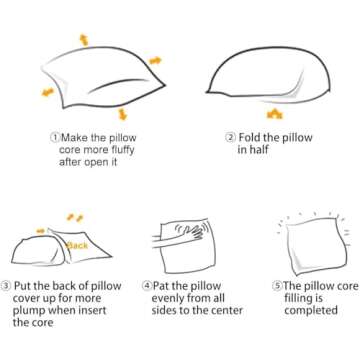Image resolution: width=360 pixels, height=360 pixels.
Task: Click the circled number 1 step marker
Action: point(55,137)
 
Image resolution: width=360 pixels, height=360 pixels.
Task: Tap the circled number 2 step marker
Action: point(230,137)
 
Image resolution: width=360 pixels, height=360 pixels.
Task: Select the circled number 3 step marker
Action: point(6,286)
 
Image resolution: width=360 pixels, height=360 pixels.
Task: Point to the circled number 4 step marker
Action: point(147,286)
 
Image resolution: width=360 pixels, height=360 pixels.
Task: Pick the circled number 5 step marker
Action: point(277,286)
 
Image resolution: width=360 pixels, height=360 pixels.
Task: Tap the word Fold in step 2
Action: point(249,137)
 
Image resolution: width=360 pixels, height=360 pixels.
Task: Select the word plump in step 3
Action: point(29,311)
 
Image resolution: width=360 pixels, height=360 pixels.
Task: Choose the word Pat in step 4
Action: point(161,286)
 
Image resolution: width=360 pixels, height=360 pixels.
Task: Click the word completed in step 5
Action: point(311,311)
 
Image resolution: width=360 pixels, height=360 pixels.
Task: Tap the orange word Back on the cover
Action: point(77,246)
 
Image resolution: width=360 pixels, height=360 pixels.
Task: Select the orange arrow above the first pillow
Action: point(84,40)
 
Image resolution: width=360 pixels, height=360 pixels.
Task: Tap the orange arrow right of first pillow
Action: point(155,61)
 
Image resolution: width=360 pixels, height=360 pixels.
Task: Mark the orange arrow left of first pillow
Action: point(48,92)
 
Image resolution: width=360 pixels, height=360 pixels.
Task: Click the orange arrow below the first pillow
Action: point(123,114)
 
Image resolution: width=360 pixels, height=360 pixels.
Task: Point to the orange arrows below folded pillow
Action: point(275,114)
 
